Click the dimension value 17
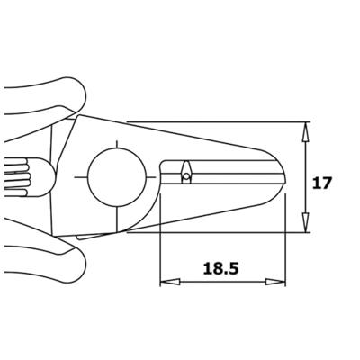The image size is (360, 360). (x=322, y=183)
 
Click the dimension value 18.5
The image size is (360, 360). (x=221, y=268)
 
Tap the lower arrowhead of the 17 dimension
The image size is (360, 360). (x=305, y=222)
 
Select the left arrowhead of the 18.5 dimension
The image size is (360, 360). (x=170, y=282)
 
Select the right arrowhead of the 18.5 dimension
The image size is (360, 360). (x=275, y=282)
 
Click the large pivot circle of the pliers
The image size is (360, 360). (x=116, y=177)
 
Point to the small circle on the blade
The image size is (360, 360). (x=186, y=177)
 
